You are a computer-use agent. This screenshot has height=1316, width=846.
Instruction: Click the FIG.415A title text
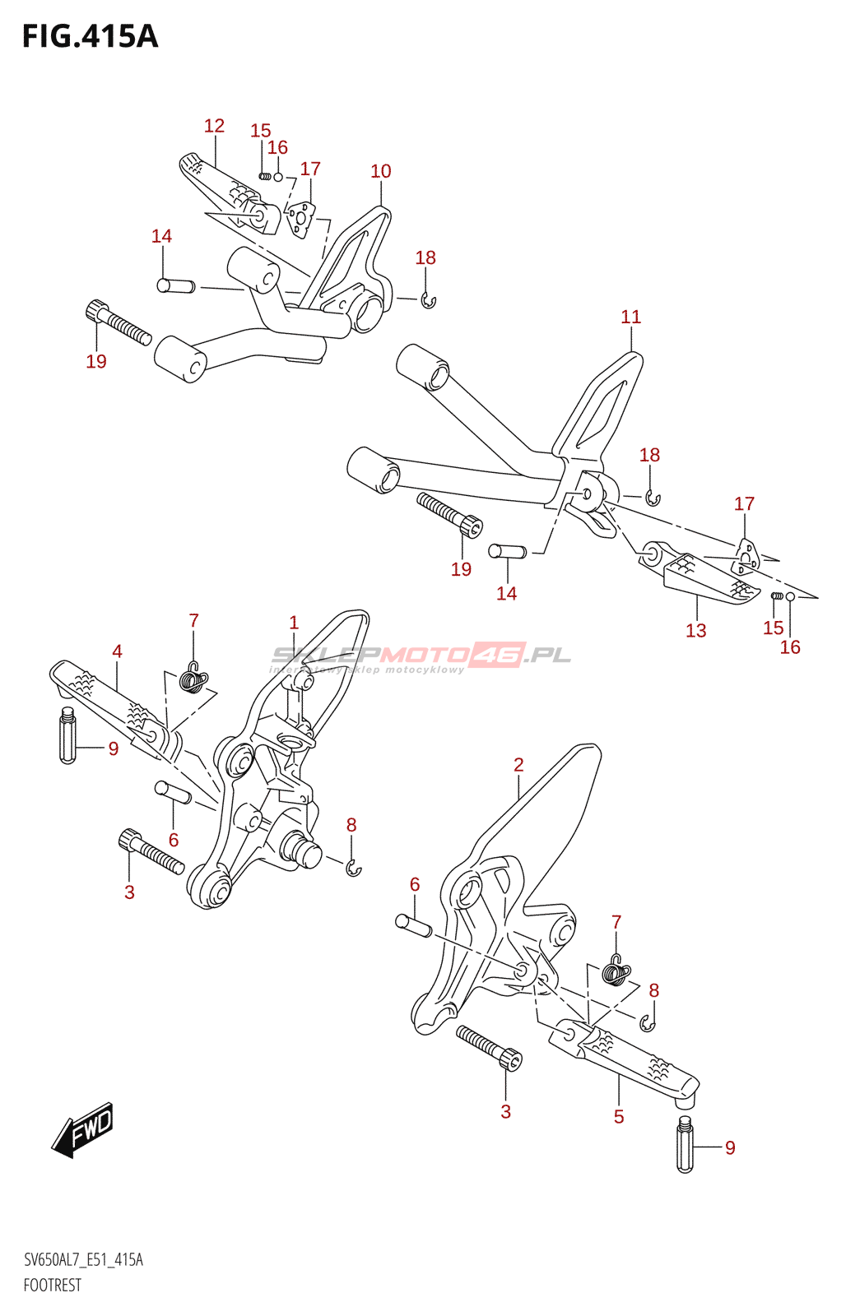point(90,37)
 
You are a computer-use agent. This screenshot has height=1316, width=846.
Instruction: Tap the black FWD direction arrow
point(83,1128)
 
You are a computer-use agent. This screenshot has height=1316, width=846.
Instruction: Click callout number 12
point(214,126)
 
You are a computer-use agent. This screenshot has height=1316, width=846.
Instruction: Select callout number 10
point(380,171)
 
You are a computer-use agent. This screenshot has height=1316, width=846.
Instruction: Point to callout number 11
point(630,317)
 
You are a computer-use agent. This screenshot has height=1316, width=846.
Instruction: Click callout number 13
point(695,631)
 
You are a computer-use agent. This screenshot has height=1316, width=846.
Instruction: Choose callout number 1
point(294,623)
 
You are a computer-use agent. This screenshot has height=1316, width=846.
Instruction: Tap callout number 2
point(518,765)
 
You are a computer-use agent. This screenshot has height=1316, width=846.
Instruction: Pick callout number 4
point(117,651)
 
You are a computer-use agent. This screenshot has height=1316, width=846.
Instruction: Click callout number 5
point(619,1116)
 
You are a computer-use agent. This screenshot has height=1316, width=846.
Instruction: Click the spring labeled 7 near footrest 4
point(193,679)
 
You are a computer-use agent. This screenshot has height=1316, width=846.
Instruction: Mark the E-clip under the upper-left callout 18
point(428,302)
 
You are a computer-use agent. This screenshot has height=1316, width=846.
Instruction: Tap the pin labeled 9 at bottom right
point(685,1145)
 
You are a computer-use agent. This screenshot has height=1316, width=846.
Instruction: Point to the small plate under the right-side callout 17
point(745,557)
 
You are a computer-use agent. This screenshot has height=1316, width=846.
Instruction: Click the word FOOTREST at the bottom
point(53,1286)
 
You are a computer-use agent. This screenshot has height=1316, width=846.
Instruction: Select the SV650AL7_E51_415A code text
point(83,1260)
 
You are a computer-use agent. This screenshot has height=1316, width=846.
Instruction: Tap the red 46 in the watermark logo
point(497,655)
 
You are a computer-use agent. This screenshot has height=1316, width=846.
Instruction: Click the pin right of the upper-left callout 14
point(176,286)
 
